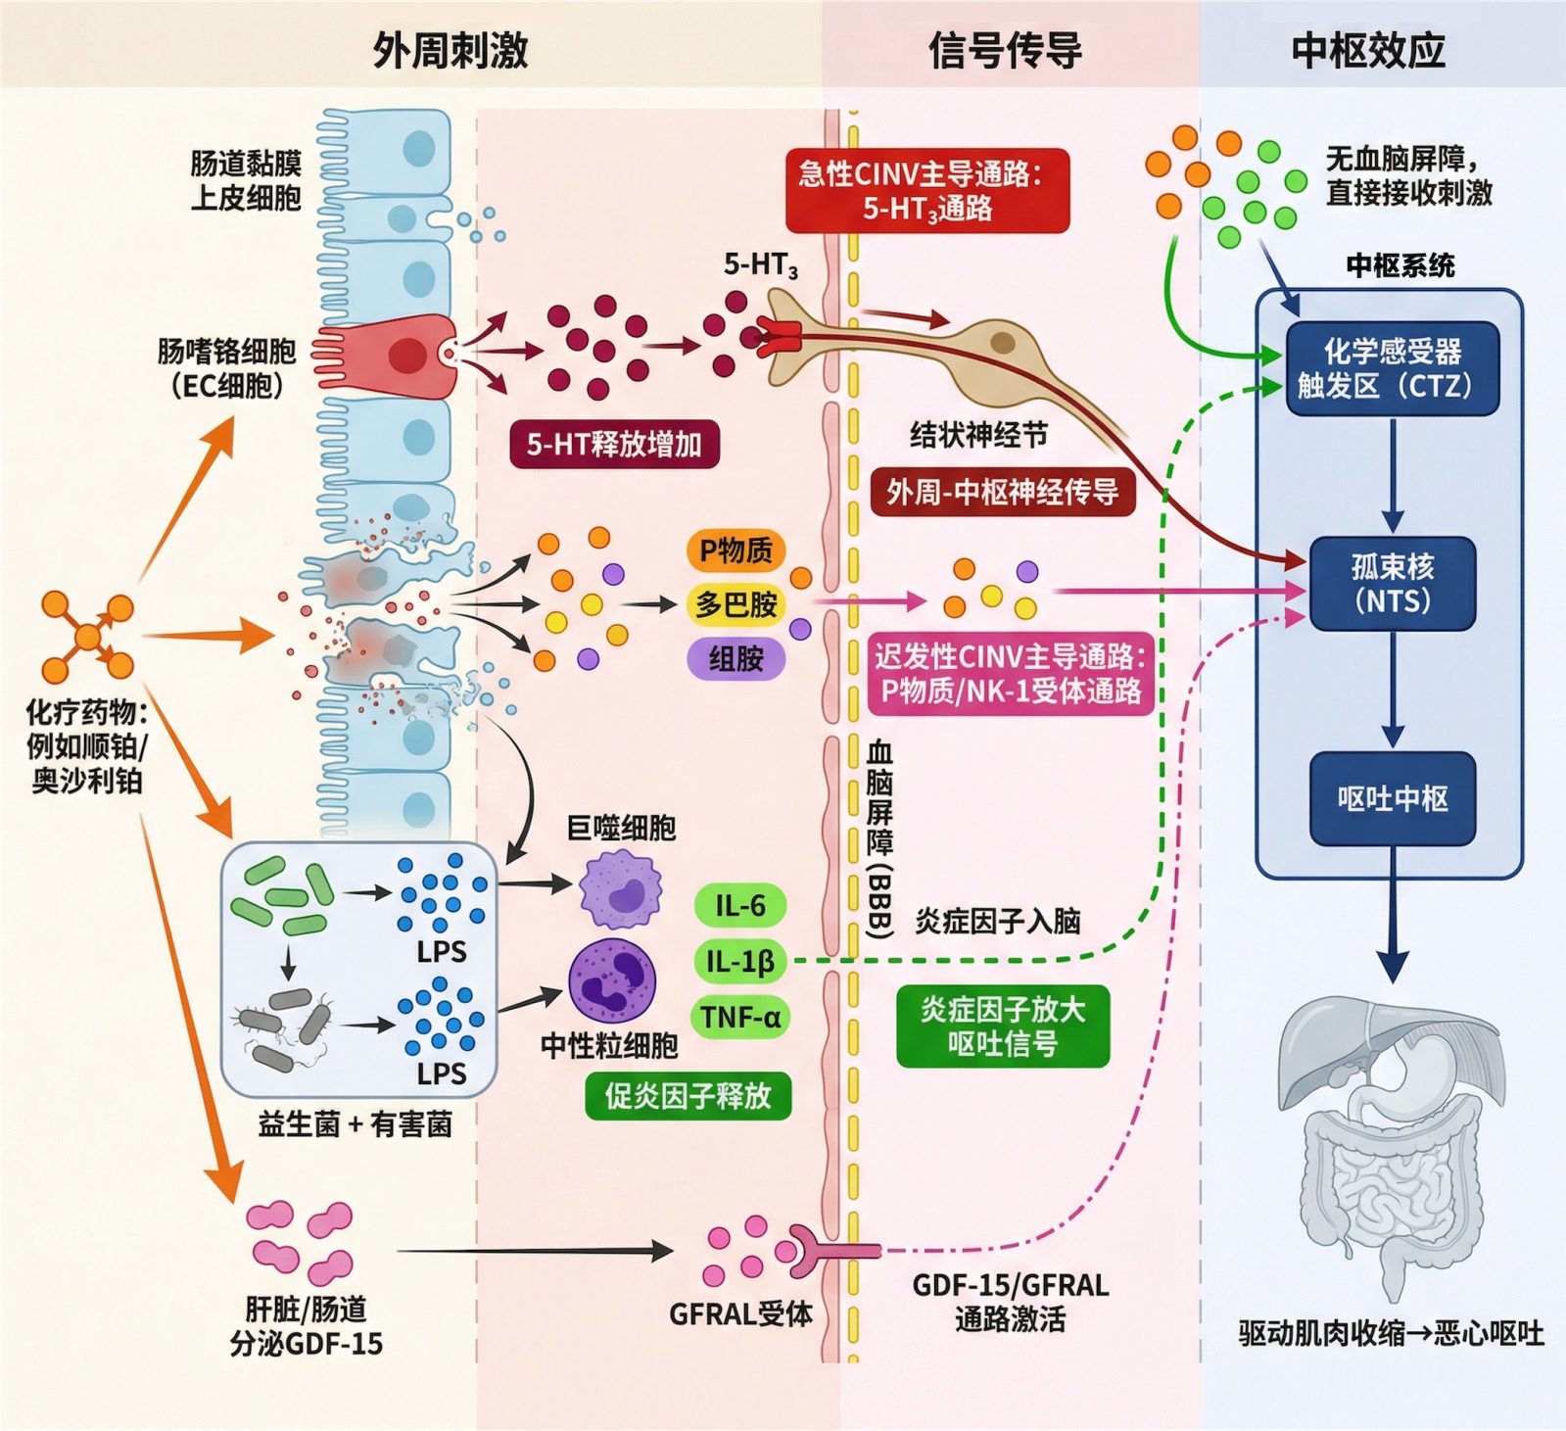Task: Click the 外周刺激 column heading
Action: (x=451, y=50)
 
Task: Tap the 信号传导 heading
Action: (x=1005, y=50)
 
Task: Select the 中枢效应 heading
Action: (x=1368, y=50)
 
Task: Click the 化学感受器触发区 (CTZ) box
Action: (x=1392, y=368)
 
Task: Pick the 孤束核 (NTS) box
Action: (x=1392, y=583)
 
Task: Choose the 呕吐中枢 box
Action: (x=1392, y=798)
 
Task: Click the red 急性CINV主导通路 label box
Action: (x=926, y=191)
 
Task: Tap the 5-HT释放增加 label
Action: (x=614, y=445)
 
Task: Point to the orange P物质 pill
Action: (x=736, y=550)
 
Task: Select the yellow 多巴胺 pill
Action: (x=736, y=604)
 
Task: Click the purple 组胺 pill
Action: (x=736, y=658)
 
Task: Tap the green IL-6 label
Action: (x=739, y=906)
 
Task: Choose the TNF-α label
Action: (x=740, y=1018)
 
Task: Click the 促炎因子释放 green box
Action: (x=688, y=1096)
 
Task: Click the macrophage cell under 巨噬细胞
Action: (x=620, y=889)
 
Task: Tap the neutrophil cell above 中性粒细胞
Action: (x=612, y=980)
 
